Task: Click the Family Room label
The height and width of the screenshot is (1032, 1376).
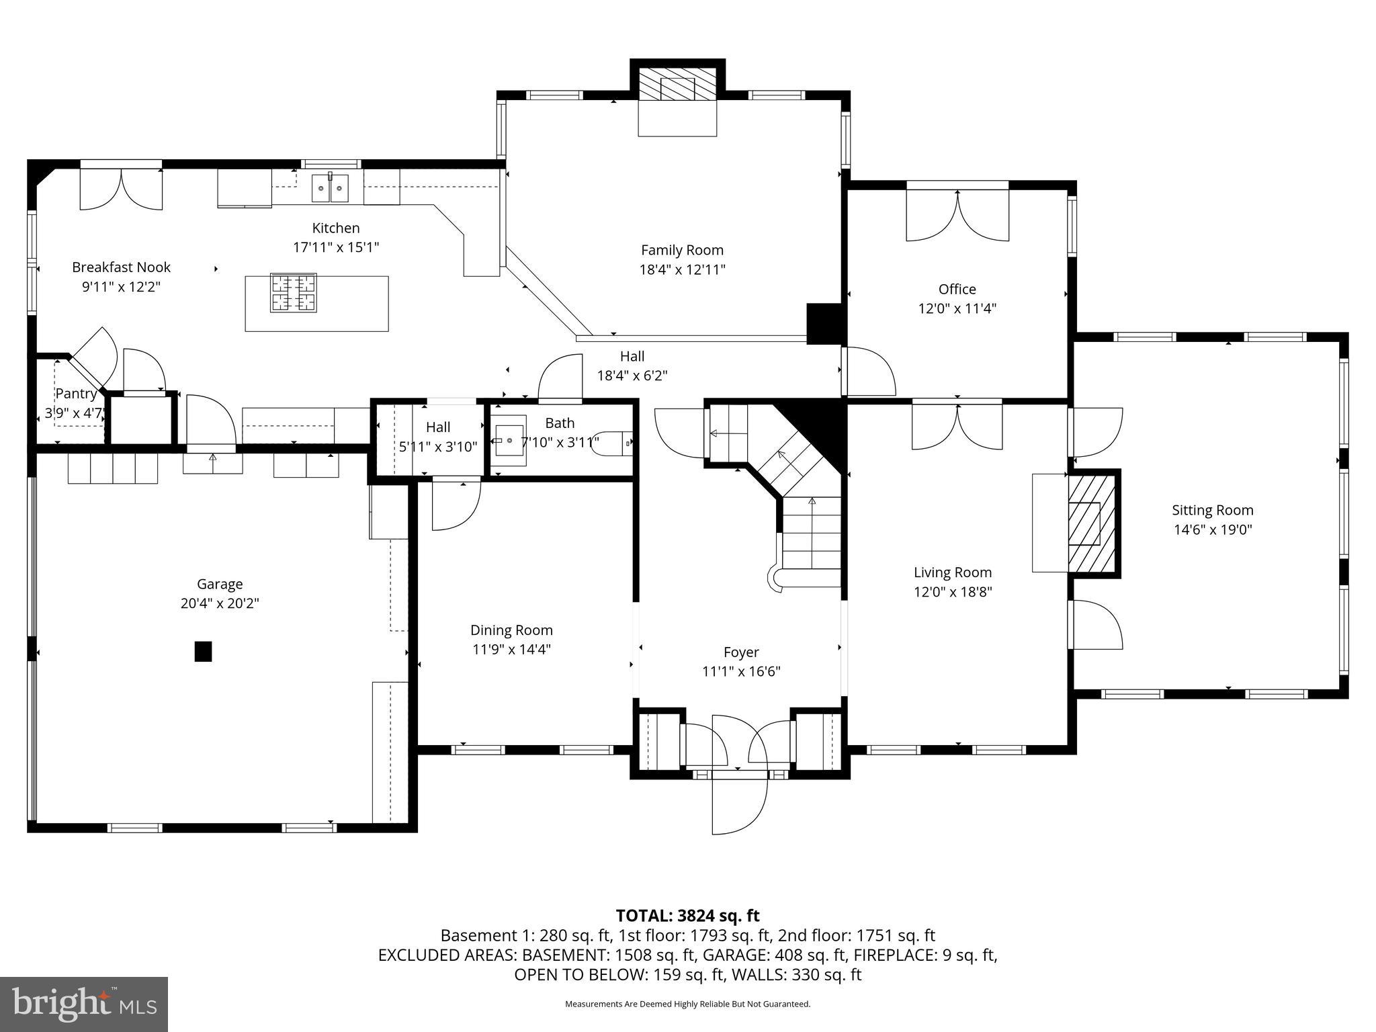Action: [x=682, y=250]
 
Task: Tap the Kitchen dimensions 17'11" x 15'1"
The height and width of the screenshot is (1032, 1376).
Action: [x=335, y=247]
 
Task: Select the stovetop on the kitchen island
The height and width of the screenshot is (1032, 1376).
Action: [x=293, y=293]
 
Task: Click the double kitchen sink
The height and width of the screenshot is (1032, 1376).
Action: [x=330, y=187]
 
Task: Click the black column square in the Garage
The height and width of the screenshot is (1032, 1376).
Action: [x=203, y=652]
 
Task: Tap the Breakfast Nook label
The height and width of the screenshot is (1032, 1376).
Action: [x=121, y=267]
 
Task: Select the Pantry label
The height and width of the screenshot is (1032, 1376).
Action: [x=75, y=394]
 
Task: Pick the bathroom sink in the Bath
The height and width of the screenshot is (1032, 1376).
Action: [x=509, y=441]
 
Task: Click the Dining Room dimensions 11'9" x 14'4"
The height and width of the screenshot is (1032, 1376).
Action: [x=511, y=650]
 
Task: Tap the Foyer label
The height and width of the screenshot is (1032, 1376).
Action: [x=741, y=652]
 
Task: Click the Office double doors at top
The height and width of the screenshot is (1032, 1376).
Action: [x=957, y=216]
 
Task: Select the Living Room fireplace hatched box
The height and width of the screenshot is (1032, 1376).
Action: [x=1092, y=523]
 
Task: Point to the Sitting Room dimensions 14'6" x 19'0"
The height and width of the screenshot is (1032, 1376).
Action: [x=1212, y=529]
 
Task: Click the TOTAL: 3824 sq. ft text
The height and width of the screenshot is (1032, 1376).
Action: [x=687, y=915]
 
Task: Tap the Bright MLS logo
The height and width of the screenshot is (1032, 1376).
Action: [x=84, y=1004]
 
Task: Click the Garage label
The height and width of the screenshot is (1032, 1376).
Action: [x=220, y=584]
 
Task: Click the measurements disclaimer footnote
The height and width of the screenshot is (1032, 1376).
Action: [x=687, y=1004]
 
